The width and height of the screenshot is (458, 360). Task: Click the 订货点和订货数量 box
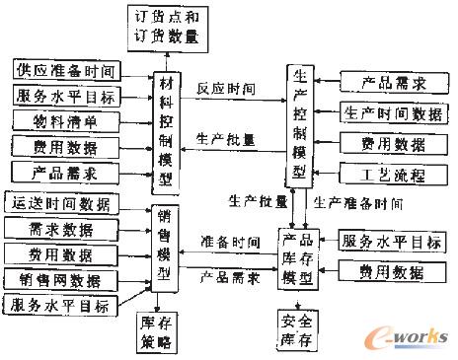click(x=164, y=27)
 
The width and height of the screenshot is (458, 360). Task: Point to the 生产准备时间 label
click(x=358, y=202)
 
